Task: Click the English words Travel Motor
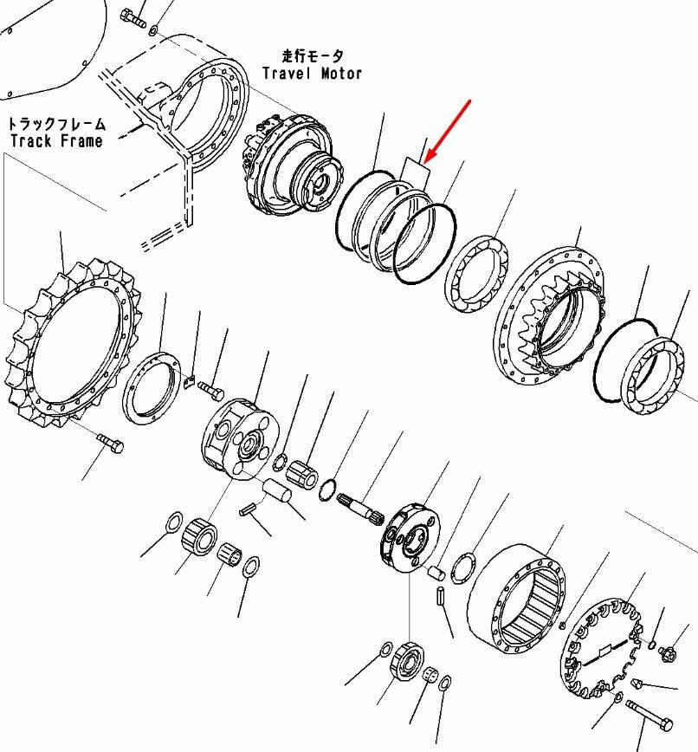(x=313, y=74)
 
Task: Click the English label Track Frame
(x=55, y=140)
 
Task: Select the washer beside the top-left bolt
(x=153, y=31)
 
